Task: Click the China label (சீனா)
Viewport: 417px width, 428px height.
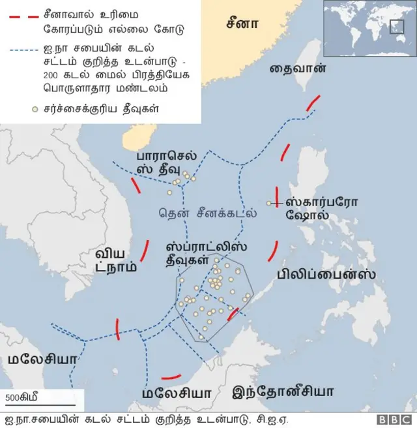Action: point(242,23)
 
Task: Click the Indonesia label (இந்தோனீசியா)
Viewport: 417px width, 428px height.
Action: point(283,391)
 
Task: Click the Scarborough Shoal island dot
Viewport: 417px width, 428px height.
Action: point(268,204)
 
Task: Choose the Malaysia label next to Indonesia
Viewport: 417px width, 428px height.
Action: point(177,393)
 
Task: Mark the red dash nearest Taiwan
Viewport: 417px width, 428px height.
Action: point(313,104)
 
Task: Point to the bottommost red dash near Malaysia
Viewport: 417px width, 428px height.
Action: point(171,376)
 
